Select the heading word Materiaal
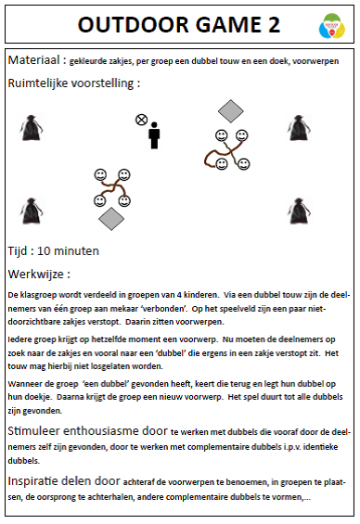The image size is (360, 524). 34,60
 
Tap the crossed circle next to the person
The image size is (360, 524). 141,120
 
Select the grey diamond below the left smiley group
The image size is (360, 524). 111,219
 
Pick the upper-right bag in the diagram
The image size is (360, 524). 297,127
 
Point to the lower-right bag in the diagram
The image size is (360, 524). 297,211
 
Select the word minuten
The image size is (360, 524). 86,250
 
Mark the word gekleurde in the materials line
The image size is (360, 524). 96,61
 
